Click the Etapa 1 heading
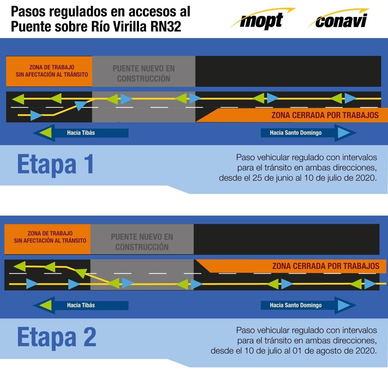[x=56, y=164]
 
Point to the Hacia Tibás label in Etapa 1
[x=81, y=133]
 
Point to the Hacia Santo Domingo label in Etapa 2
[x=296, y=305]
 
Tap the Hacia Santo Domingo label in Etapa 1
[x=296, y=133]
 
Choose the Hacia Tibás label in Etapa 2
[x=81, y=305]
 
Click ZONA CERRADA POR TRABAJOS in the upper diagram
[x=325, y=115]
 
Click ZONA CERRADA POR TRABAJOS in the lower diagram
[x=326, y=266]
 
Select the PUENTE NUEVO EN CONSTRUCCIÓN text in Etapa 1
[x=144, y=73]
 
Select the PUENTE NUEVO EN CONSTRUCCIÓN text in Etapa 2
[x=142, y=242]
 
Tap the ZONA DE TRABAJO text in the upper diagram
[x=52, y=67]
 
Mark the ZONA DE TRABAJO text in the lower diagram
[x=50, y=233]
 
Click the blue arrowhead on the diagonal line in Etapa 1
[x=80, y=105]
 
